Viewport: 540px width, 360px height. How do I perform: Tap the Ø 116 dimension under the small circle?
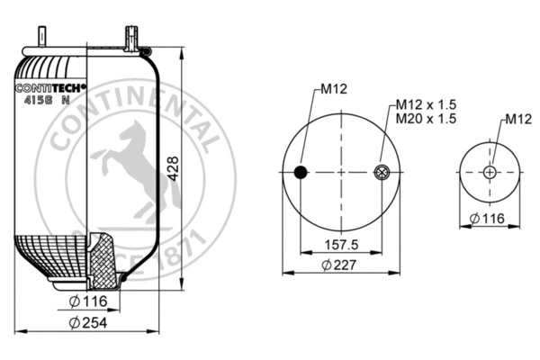click(x=488, y=217)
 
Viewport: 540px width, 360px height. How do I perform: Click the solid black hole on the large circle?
click(x=301, y=172)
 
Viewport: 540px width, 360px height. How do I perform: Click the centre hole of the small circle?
click(x=489, y=172)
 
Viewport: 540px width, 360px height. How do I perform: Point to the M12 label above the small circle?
click(x=515, y=119)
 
